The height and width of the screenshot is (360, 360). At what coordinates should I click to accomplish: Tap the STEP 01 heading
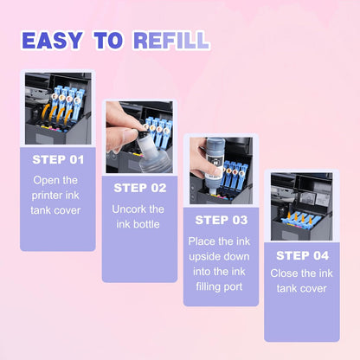[58, 159]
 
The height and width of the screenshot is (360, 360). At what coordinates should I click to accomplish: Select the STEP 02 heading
[139, 187]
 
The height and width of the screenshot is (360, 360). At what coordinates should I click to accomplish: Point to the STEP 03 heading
[221, 220]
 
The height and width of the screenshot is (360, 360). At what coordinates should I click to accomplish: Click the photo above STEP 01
[58, 108]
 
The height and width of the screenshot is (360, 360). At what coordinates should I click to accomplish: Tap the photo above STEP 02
[139, 136]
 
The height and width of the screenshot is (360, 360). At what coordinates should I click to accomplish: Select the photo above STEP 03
[221, 169]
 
